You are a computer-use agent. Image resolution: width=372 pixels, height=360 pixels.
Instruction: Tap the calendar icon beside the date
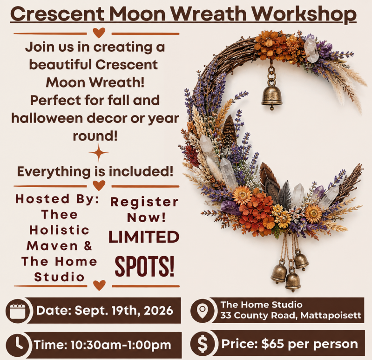pos(18,311)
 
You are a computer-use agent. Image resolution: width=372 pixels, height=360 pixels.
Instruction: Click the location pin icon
pos(203,311)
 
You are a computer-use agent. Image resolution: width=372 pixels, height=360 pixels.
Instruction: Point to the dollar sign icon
pos(203,344)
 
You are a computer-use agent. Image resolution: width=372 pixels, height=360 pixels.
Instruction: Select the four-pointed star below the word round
pos(99,153)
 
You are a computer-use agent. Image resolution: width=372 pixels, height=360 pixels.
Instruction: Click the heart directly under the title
pos(99,33)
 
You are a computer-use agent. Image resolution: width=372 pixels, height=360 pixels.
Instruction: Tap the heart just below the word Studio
pos(99,285)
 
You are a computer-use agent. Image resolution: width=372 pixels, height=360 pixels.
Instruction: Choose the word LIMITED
pos(144,237)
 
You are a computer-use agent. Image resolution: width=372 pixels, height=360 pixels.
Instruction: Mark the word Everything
pos(54,172)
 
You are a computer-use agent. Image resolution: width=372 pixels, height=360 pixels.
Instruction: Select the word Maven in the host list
pos(52,246)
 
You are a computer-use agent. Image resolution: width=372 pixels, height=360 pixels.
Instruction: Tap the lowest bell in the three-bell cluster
pos(293,281)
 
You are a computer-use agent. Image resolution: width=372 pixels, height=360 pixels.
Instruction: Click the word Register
pos(144,202)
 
